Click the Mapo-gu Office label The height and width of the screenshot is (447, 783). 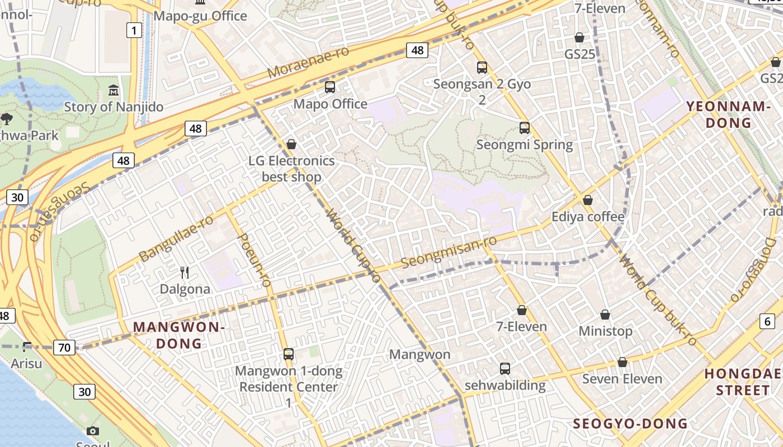coord(200,16)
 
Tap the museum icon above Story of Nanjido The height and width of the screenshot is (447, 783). coord(114,90)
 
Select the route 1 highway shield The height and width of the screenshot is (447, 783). coord(134,30)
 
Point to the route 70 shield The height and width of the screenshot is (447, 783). coord(64,348)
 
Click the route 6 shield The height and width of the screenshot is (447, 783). coord(767,321)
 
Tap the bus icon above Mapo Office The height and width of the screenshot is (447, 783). coord(330,87)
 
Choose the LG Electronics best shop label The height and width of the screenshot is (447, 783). coord(291,169)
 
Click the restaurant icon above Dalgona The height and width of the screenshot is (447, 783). coord(185,273)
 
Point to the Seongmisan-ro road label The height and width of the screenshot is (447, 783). coord(449,252)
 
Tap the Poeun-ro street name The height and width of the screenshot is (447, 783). coord(255,260)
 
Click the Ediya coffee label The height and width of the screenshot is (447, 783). coord(588,216)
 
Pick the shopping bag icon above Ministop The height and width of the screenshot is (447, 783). coord(605,315)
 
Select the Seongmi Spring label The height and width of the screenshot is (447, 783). coord(524,145)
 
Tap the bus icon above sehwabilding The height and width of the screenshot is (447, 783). coord(505,369)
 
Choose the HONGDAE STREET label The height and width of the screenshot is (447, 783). coord(743,382)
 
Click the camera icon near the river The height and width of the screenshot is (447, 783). coord(93,431)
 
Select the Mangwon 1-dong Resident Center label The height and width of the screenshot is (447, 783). coord(289,379)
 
